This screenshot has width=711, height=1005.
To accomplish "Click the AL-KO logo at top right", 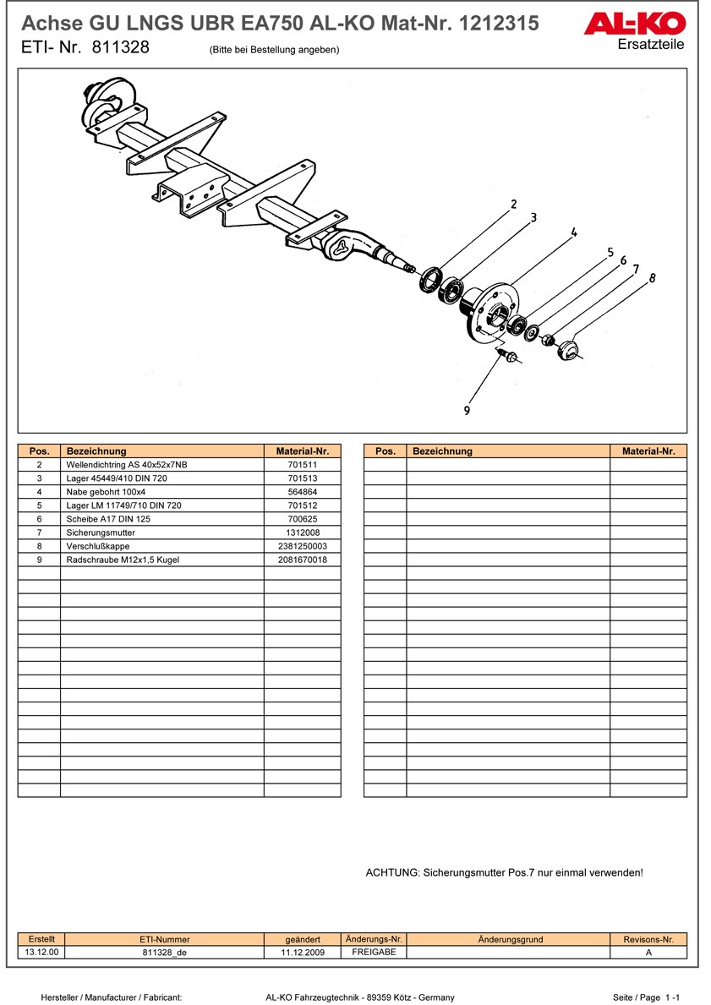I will pyautogui.click(x=634, y=23).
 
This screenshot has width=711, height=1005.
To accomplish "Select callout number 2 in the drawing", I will pyautogui.click(x=512, y=204).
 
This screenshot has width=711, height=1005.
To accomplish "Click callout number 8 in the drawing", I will pyautogui.click(x=652, y=277).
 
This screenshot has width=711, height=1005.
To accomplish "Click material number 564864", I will pyautogui.click(x=302, y=492).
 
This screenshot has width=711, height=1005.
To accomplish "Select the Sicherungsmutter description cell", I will pyautogui.click(x=101, y=533).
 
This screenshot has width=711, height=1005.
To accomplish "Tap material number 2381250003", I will pyautogui.click(x=302, y=546).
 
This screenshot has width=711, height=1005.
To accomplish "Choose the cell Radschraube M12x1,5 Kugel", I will pyautogui.click(x=123, y=560).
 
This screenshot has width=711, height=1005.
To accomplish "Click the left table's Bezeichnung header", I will pyautogui.click(x=96, y=451).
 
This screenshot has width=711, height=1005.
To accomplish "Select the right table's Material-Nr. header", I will pyautogui.click(x=648, y=451).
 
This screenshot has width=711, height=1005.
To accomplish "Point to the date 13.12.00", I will pyautogui.click(x=41, y=952).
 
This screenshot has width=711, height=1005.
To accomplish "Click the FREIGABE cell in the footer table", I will pyautogui.click(x=374, y=952).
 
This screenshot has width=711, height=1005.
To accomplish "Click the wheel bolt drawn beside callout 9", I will pyautogui.click(x=509, y=355).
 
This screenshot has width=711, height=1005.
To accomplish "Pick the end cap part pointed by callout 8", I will pyautogui.click(x=568, y=347).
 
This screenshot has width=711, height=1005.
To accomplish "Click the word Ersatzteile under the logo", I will pyautogui.click(x=651, y=44).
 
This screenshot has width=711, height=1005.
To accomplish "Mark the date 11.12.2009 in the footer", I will pyautogui.click(x=303, y=952).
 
